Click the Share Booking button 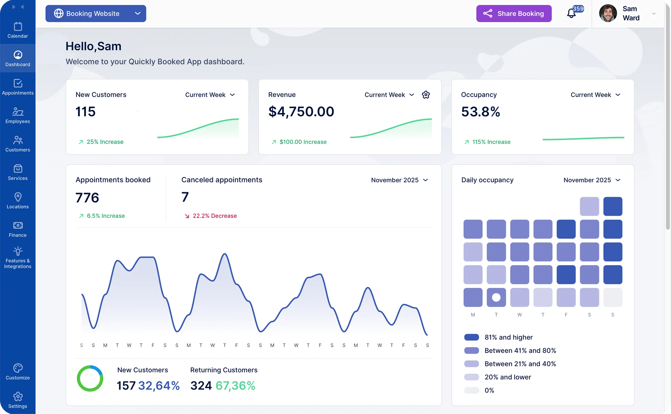(x=514, y=13)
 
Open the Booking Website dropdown (x=95, y=13)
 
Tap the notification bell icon (x=571, y=13)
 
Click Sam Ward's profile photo (x=608, y=13)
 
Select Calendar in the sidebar (x=18, y=30)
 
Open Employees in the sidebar (x=18, y=115)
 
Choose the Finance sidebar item (x=18, y=229)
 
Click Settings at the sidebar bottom (x=18, y=400)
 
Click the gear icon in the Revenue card (x=426, y=95)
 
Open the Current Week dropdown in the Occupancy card (x=595, y=95)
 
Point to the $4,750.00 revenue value (x=301, y=112)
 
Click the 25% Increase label (x=105, y=142)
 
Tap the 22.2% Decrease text (x=214, y=216)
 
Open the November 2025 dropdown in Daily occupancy (x=592, y=180)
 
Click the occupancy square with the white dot (x=496, y=297)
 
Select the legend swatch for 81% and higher (x=471, y=337)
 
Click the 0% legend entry (x=489, y=390)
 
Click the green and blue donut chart (x=90, y=378)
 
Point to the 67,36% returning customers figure (x=235, y=386)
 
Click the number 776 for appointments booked (x=87, y=198)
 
